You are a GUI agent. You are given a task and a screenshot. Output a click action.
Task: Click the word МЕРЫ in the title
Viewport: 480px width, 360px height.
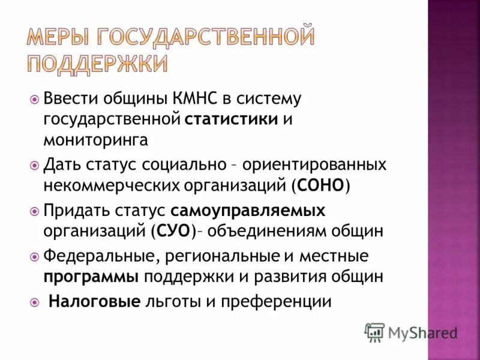59,38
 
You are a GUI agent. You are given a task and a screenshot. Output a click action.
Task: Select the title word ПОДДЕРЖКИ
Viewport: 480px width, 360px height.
96,62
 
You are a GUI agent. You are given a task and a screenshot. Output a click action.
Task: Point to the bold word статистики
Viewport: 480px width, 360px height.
231,119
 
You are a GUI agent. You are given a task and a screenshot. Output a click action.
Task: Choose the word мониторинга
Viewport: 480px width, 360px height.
95,140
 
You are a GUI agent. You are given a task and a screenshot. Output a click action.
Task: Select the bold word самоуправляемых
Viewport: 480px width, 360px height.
248,211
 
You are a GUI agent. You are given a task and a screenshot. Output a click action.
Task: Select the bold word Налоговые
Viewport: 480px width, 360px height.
94,301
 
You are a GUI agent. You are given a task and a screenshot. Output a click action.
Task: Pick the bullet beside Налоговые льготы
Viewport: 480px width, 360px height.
34,302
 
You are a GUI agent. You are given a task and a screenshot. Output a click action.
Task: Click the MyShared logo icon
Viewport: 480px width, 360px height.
374,332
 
